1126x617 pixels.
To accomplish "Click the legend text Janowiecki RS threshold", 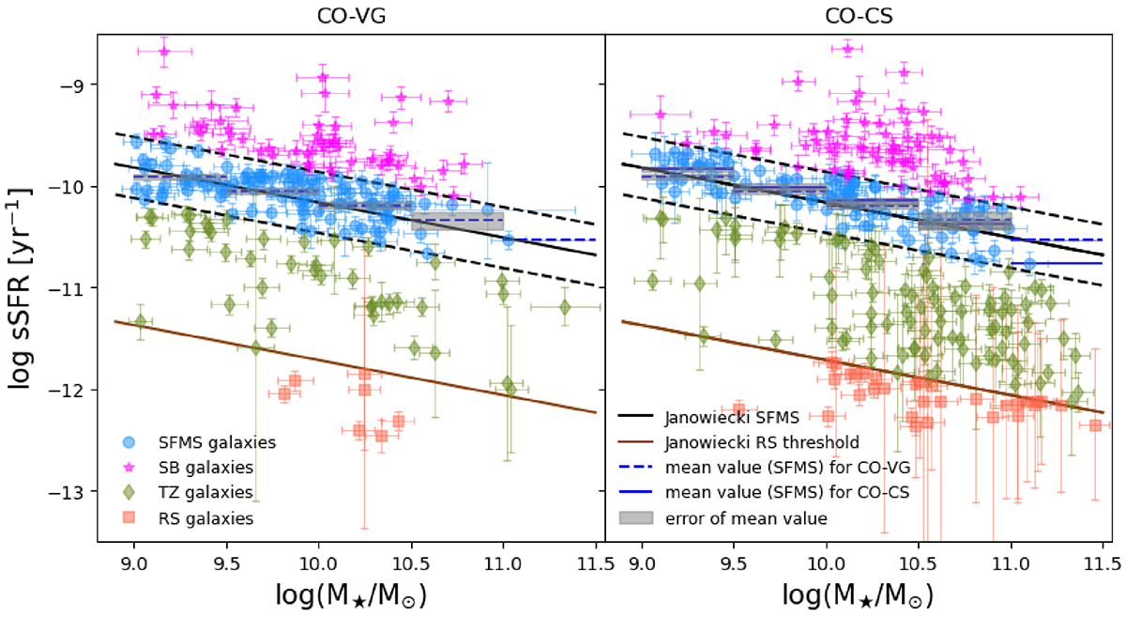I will tap(761, 441).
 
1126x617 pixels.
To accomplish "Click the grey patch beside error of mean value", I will tap(638, 517).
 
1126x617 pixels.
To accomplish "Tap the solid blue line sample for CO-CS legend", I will tap(638, 491).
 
